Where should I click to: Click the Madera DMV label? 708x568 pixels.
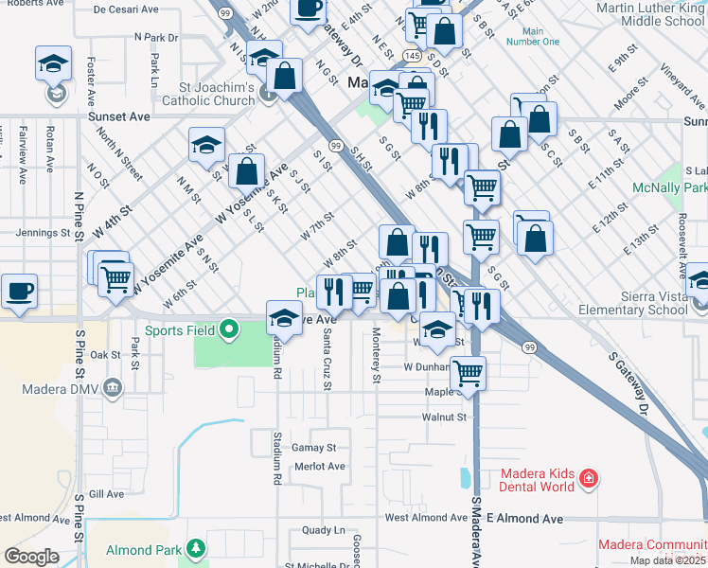click(46, 387)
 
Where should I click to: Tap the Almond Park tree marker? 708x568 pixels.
click(195, 549)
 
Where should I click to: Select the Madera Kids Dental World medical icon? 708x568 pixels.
click(589, 478)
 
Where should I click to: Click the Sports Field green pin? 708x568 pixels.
click(228, 330)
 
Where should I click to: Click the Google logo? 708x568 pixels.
click(31, 557)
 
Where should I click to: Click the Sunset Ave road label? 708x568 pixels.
click(119, 116)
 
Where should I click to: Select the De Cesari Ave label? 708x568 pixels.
click(126, 9)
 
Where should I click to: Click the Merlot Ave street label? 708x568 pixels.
click(320, 466)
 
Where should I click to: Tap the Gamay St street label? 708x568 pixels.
click(313, 447)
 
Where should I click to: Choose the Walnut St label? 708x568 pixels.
click(444, 417)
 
